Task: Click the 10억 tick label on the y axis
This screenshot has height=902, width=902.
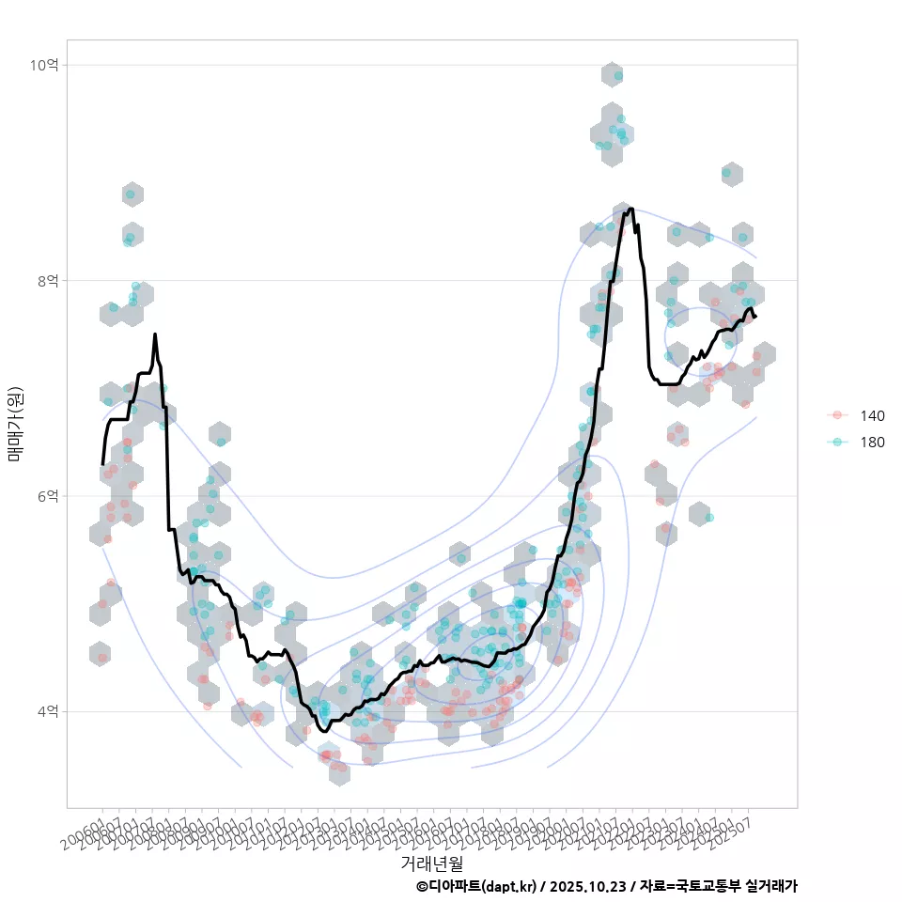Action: (44, 65)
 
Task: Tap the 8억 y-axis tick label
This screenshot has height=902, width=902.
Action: (47, 280)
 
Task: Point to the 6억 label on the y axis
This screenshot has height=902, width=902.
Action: (47, 496)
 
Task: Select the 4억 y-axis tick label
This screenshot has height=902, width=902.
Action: (47, 711)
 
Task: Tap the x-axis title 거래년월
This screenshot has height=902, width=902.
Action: (432, 862)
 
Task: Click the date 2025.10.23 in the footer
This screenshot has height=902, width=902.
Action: (588, 886)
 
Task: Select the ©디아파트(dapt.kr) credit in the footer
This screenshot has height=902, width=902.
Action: (475, 886)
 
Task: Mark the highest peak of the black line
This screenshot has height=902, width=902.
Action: (630, 209)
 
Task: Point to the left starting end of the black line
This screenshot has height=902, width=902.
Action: (102, 464)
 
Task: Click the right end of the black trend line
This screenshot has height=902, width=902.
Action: (755, 316)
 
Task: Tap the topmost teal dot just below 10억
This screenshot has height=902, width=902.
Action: (617, 75)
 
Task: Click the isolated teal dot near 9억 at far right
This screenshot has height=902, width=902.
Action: (726, 172)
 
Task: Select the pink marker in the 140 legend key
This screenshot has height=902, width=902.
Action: (836, 416)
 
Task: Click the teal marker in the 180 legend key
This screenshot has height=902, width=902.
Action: (836, 443)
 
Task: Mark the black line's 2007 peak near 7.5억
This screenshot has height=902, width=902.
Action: (155, 334)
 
